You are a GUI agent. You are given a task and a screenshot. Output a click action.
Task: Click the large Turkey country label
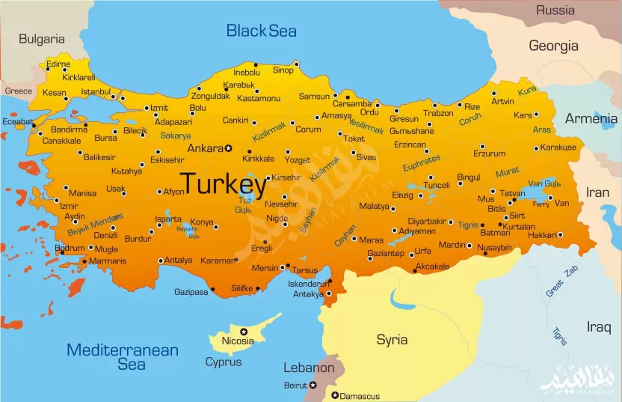coord(224,184)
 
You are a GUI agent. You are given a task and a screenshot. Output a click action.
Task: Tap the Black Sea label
coord(262,31)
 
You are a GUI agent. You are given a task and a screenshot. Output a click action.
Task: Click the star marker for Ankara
coord(229,148)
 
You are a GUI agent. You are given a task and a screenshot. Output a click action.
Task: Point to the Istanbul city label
coord(96,92)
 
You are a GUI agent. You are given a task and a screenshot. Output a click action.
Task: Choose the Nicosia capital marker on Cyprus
coord(243,331)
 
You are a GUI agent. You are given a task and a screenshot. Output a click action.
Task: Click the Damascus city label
coord(360,396)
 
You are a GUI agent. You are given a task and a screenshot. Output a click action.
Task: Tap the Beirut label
coord(295,385)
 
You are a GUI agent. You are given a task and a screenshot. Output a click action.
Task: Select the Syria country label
coord(392,340)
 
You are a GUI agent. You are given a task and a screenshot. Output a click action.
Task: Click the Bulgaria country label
coord(42,39)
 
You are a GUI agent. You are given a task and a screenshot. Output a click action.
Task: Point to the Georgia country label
coord(554,46)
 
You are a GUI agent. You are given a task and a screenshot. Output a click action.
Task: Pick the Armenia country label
coord(591,118)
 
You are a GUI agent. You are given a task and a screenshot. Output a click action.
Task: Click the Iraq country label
coord(598,326)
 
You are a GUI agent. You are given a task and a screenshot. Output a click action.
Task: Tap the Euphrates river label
coord(421,164)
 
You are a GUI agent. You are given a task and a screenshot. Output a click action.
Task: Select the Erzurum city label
coord(490,153)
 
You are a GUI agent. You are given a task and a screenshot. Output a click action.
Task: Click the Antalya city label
coord(179,261)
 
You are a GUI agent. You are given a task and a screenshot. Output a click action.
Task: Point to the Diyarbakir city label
coord(426,221)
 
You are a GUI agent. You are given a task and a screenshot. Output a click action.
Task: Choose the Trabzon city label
coord(438,114)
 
